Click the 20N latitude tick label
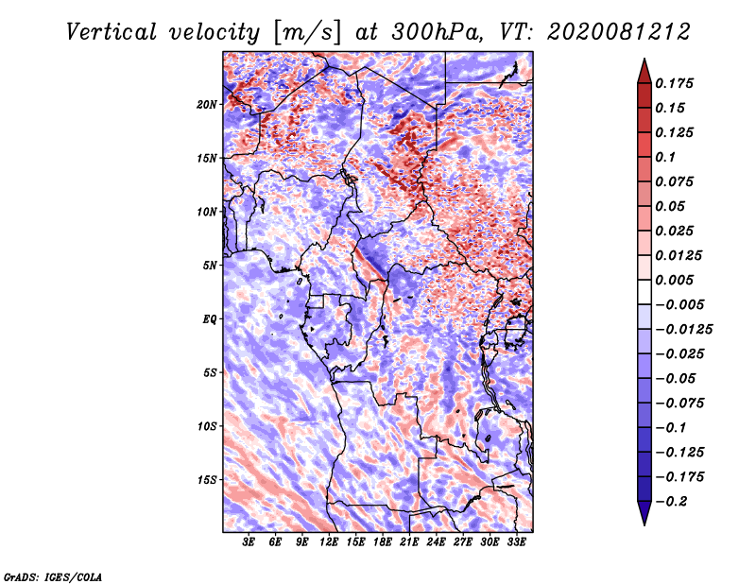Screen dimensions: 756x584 pos(207,105)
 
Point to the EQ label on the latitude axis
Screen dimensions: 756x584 pos(210,319)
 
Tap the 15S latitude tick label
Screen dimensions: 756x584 pos(207,480)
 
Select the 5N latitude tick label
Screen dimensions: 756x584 pos(210,266)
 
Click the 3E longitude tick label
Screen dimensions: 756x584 pos(249,542)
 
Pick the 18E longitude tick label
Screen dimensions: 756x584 pos(383,542)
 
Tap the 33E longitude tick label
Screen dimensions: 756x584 pos(516,542)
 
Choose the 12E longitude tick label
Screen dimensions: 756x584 pos(329,542)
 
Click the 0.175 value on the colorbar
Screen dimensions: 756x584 pos(674,83)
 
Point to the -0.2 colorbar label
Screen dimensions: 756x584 pos(671,502)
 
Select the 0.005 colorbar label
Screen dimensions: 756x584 pos(674,280)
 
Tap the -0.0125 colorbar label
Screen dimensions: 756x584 pos(683,330)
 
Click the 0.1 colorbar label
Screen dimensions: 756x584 pos(665,157)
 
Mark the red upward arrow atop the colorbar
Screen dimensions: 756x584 pos(644,71)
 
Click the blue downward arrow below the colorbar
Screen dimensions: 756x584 pos(644,513)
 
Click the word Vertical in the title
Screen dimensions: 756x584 pos(111,32)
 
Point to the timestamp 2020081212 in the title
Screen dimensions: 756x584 pos(619,32)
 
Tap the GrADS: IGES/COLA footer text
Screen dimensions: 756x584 pos(53,577)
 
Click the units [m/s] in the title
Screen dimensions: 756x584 pos(307,33)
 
